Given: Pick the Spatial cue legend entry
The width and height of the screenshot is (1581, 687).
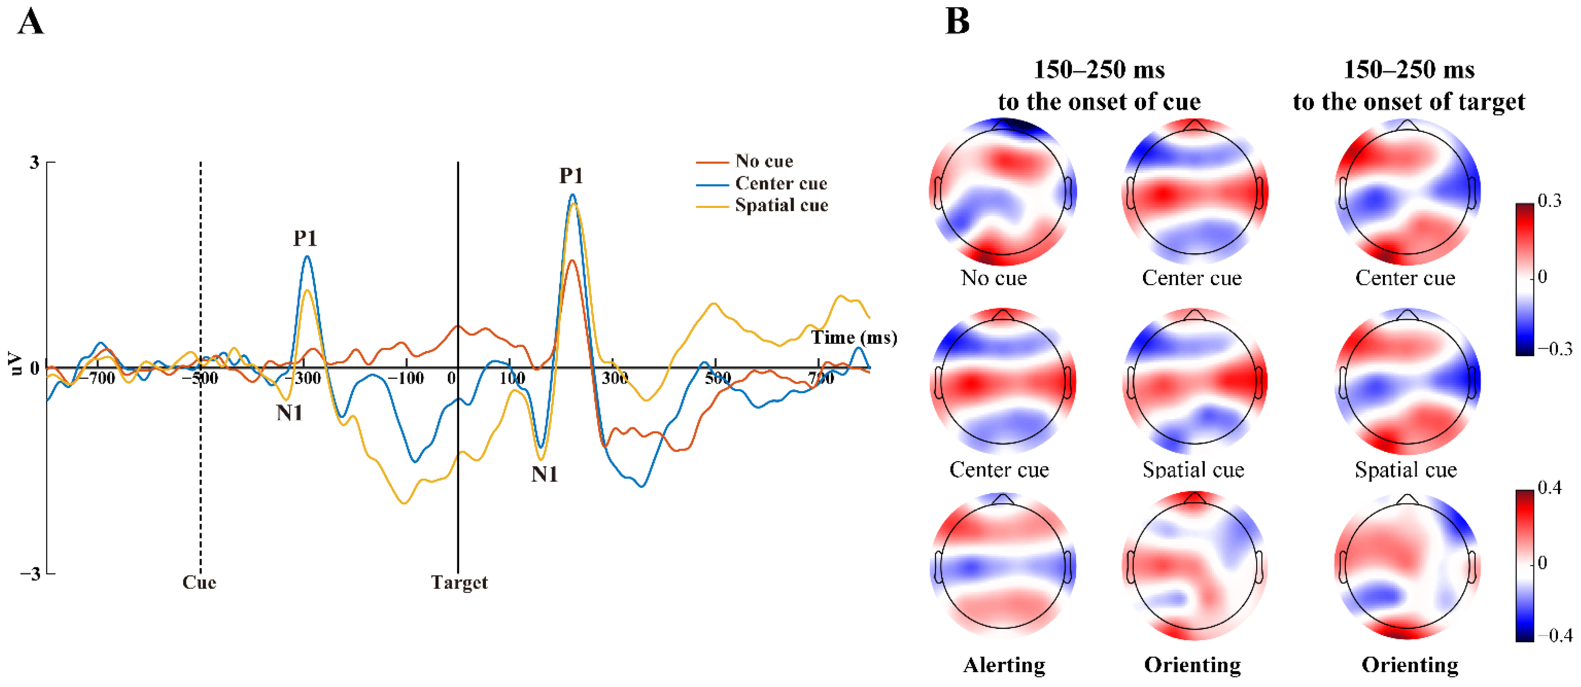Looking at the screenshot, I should [x=781, y=205].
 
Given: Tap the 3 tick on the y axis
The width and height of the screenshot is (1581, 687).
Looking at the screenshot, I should [x=34, y=163].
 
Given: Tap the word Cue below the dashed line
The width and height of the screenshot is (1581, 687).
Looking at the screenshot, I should [x=199, y=582].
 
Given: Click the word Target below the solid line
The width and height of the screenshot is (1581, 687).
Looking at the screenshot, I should [x=459, y=582].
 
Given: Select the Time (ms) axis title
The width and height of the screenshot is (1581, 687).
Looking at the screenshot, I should [x=854, y=337].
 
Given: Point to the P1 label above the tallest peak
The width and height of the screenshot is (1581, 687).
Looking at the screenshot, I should [x=571, y=176].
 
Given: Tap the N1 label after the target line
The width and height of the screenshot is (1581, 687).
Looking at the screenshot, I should [x=544, y=474].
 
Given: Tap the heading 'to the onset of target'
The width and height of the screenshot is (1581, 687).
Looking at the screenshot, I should [x=1408, y=102].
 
